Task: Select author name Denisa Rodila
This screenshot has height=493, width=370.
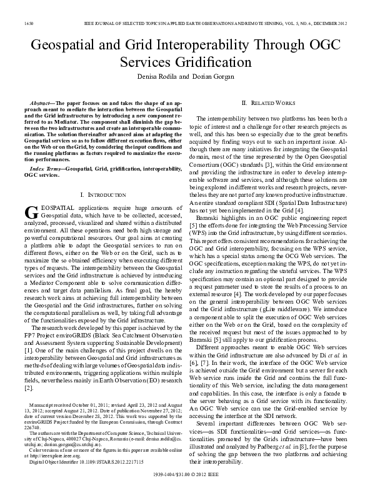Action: [x=153, y=77]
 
